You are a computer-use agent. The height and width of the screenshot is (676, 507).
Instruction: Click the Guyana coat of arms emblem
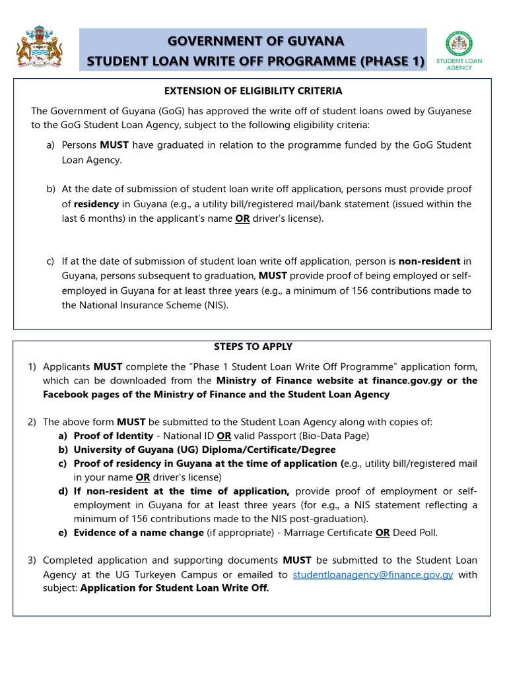pyautogui.click(x=39, y=47)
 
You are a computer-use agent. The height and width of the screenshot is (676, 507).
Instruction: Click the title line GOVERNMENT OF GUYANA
pyautogui.click(x=255, y=41)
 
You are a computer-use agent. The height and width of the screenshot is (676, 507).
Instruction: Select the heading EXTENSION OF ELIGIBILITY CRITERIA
pyautogui.click(x=253, y=91)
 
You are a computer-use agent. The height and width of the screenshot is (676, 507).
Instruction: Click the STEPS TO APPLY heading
pyautogui.click(x=253, y=347)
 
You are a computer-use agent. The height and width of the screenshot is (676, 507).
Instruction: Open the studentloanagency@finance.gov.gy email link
pyautogui.click(x=372, y=575)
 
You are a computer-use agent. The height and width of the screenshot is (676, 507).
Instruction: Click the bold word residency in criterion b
pyautogui.click(x=96, y=204)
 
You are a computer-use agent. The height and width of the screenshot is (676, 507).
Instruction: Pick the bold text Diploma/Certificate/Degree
pyautogui.click(x=264, y=450)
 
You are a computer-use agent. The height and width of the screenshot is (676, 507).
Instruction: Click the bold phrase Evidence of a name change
pyautogui.click(x=139, y=533)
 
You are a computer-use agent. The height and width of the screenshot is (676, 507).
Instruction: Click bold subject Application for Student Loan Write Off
pyautogui.click(x=174, y=589)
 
